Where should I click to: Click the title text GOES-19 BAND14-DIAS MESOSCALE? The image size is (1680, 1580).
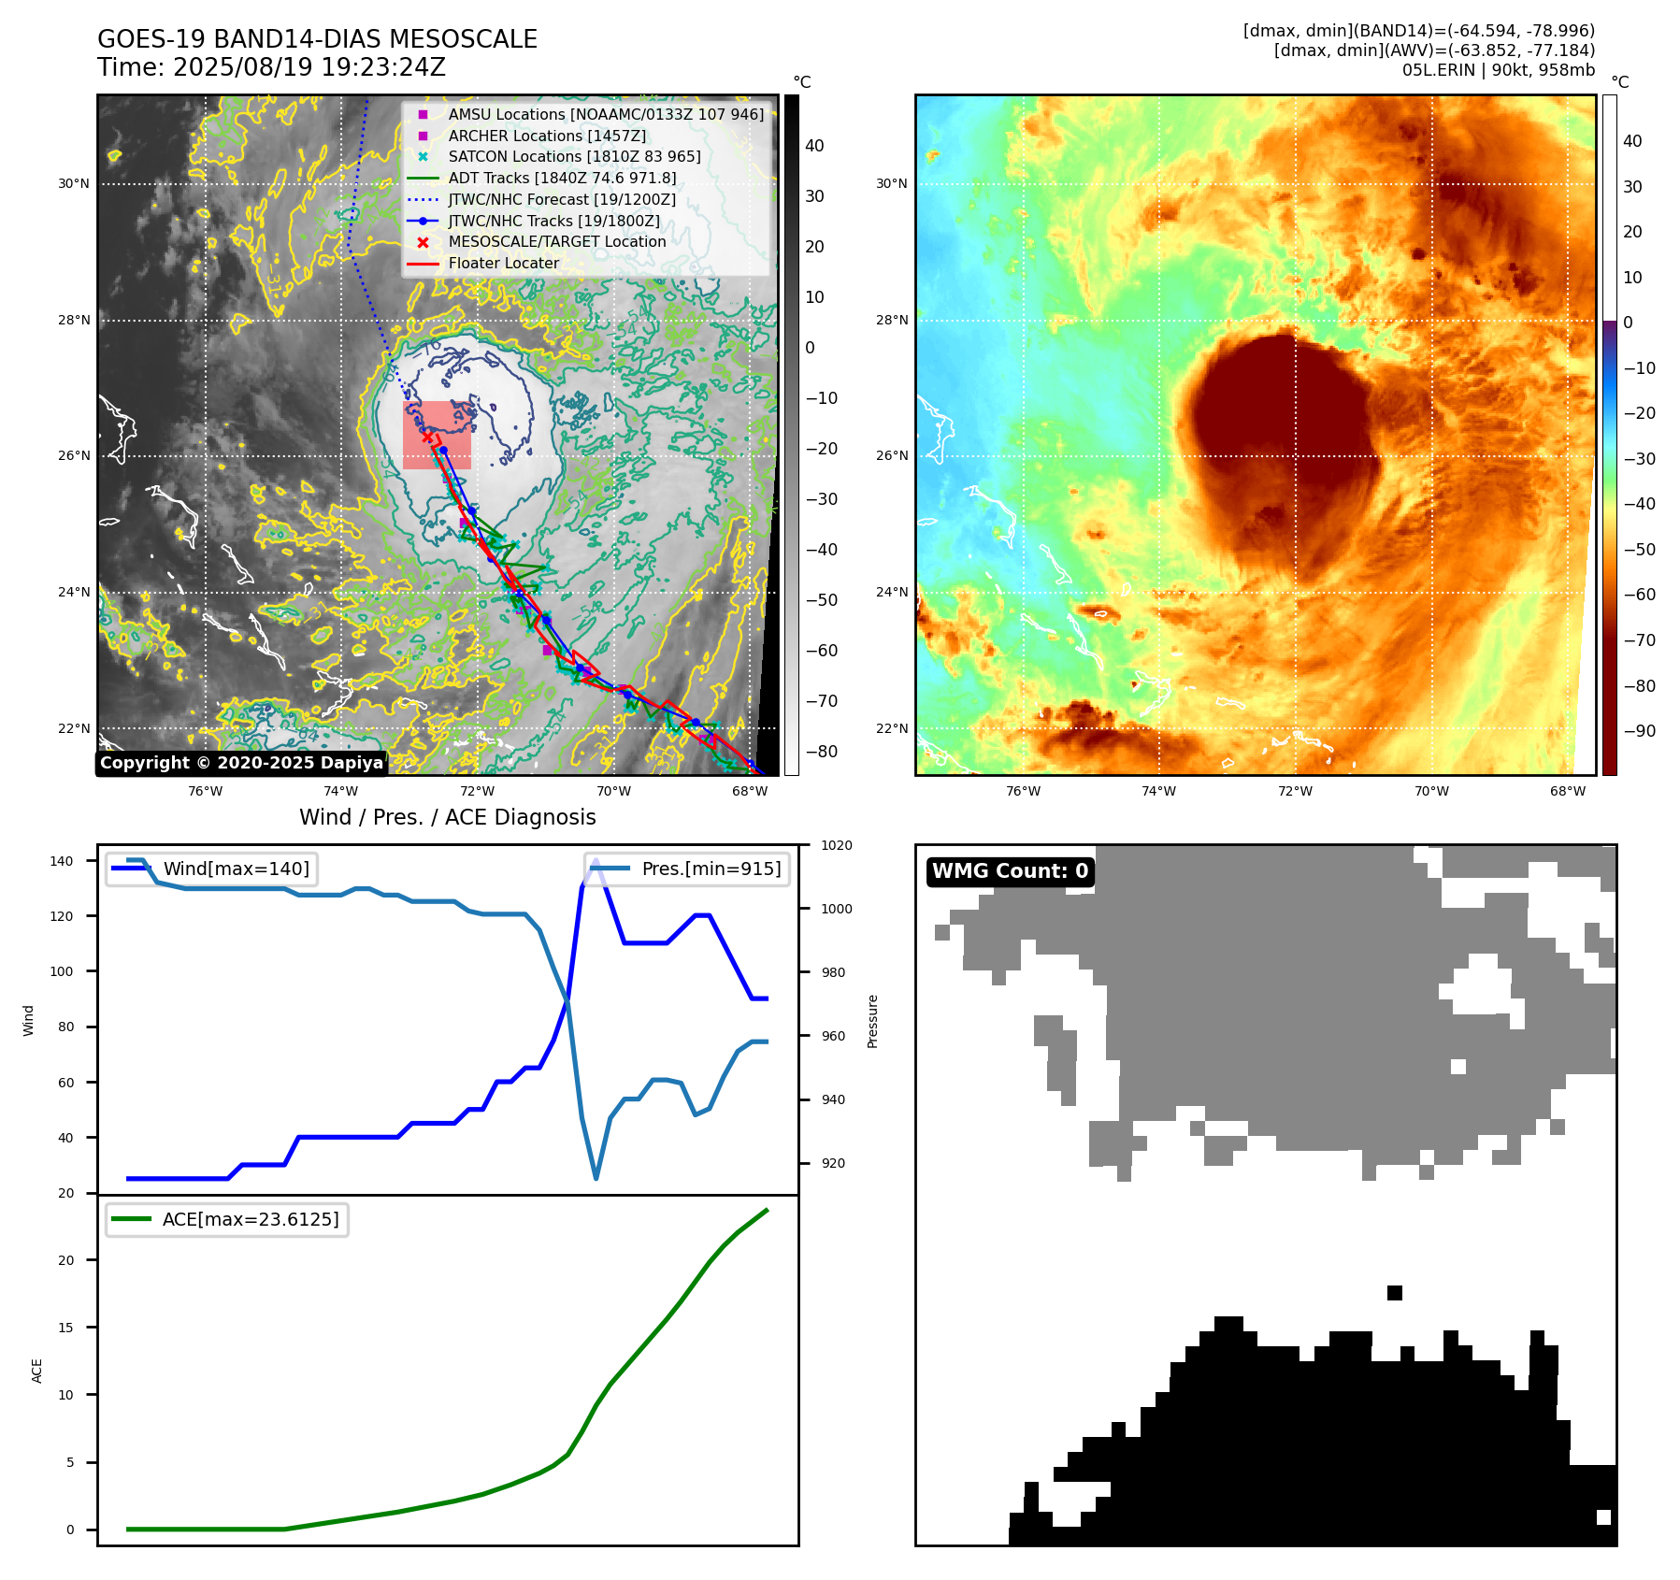point(317,39)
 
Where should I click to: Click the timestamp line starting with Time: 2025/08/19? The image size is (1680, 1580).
point(271,67)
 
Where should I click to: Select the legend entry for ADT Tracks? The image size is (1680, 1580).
point(562,178)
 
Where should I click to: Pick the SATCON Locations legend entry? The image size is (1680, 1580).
point(574,156)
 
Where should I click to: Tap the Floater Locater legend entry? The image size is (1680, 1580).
point(503,263)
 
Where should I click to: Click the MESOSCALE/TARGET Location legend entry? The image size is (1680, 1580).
point(556,241)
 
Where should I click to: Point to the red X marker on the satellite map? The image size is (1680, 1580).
point(427,437)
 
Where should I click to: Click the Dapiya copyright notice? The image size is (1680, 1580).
point(241,763)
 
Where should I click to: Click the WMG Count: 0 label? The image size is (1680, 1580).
point(1010,871)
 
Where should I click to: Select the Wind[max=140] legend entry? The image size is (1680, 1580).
point(236,869)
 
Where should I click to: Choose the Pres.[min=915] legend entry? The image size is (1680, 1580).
point(711,869)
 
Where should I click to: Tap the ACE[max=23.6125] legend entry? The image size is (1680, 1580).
point(251,1219)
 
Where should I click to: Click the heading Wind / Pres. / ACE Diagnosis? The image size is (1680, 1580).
point(447,817)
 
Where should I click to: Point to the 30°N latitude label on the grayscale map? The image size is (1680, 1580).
point(74,183)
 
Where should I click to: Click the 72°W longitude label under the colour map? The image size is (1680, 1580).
point(1295,791)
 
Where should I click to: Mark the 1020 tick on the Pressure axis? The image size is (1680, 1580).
point(836,845)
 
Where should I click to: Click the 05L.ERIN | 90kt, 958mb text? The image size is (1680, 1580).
point(1498,70)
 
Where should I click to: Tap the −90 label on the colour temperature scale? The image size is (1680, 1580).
point(1639,731)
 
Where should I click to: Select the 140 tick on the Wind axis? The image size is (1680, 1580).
point(62,861)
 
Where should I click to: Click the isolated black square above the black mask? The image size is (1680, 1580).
point(1394,1293)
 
